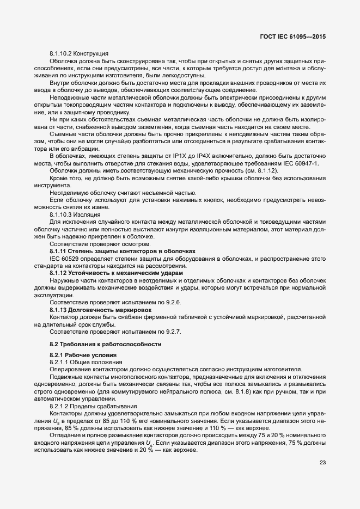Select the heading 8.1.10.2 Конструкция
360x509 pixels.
pyautogui.click(x=79, y=53)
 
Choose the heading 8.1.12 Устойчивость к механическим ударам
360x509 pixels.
pyautogui.click(x=117, y=272)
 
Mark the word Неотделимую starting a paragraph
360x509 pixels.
pyautogui.click(x=68, y=193)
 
